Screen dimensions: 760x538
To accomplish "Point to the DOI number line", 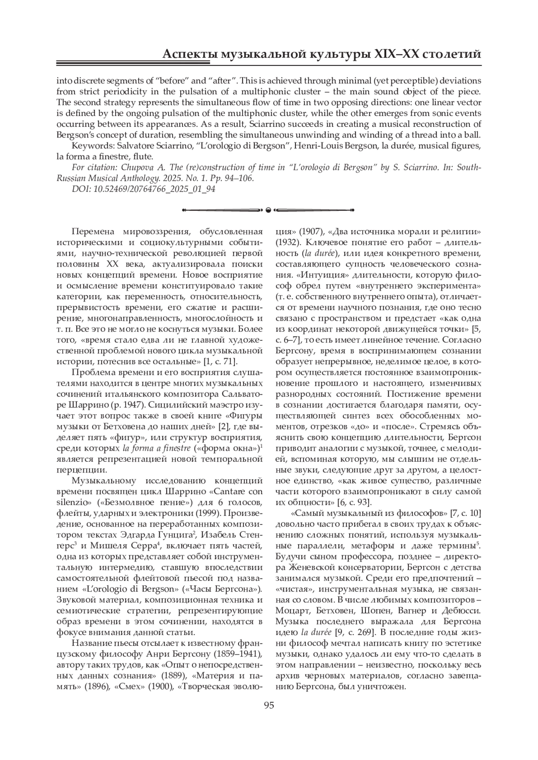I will coord(143,189).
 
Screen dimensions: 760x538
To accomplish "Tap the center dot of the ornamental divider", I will coord(269,210).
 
